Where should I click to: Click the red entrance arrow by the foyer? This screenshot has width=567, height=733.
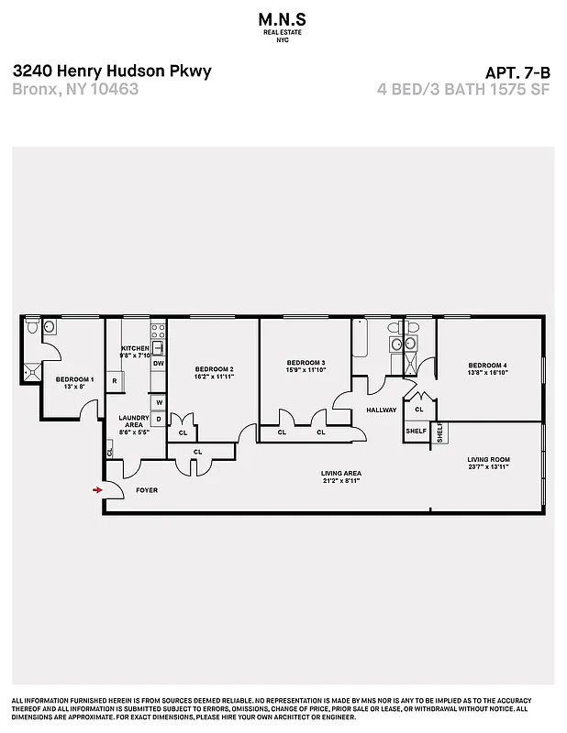[x=96, y=490]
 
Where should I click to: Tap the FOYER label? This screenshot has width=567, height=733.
[x=147, y=490]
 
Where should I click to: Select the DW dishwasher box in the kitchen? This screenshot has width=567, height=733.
[x=159, y=364]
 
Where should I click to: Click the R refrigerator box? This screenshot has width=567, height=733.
[x=117, y=380]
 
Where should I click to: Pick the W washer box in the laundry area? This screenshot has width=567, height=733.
[x=159, y=402]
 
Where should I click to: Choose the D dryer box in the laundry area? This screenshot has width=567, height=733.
[x=159, y=420]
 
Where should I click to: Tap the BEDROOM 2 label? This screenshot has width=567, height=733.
[x=214, y=369]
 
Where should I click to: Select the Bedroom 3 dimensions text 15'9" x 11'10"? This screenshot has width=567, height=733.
[x=306, y=371]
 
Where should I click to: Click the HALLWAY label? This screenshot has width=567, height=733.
[x=381, y=410]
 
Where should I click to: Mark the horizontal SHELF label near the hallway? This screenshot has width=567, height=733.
[x=417, y=432]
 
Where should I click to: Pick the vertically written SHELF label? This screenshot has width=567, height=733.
[x=439, y=432]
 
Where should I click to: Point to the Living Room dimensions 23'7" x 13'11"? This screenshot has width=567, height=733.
[x=487, y=467]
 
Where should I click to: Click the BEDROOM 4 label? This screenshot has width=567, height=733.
[x=487, y=366]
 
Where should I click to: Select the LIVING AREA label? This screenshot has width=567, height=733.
[x=340, y=474]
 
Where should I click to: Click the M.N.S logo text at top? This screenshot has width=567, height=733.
[x=283, y=19]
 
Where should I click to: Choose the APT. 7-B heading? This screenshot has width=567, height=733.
[x=519, y=71]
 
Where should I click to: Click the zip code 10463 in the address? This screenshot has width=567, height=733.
[x=117, y=89]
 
